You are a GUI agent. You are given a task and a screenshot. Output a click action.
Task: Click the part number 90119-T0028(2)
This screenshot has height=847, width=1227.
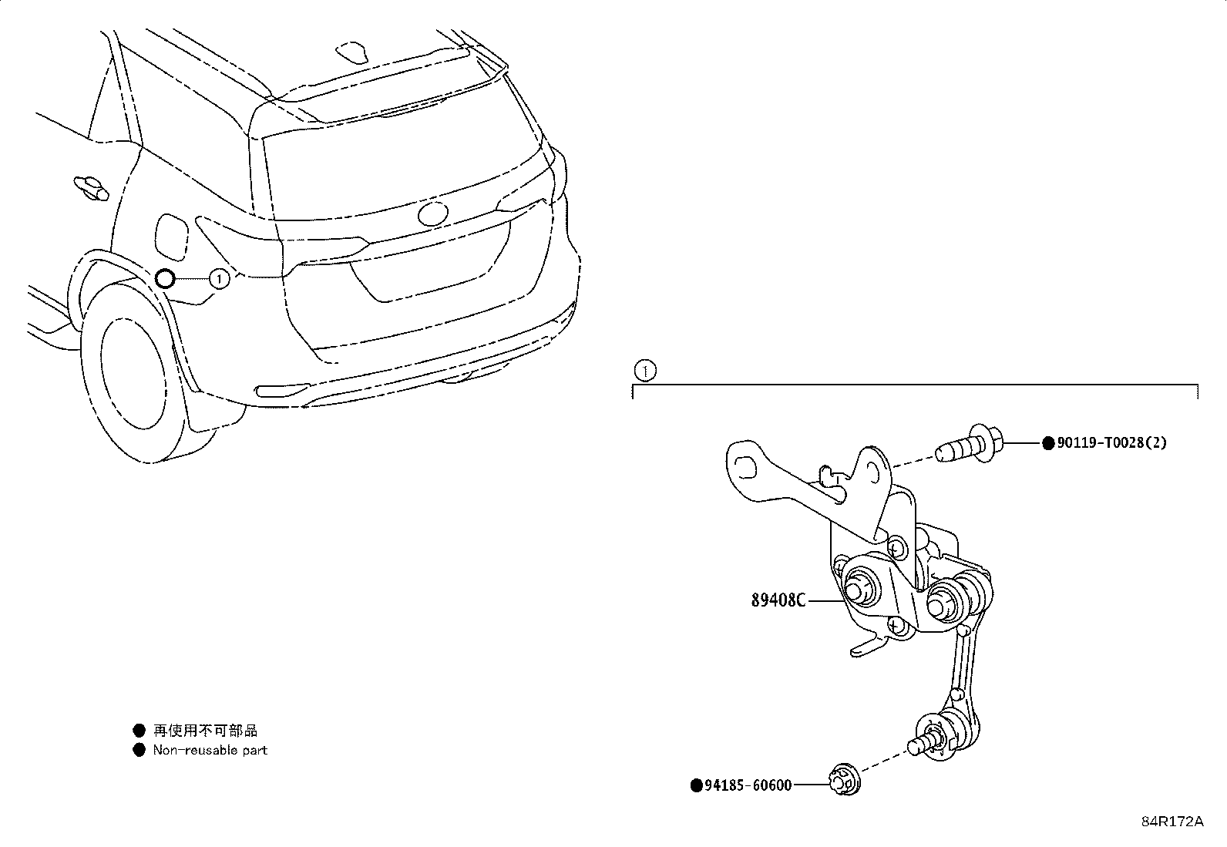coord(1111,442)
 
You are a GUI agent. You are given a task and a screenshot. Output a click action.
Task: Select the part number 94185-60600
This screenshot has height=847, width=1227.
coord(748,785)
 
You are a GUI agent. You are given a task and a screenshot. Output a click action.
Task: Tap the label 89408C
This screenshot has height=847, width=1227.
coord(778,600)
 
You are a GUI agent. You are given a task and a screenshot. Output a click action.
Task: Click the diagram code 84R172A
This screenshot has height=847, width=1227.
coord(1172,822)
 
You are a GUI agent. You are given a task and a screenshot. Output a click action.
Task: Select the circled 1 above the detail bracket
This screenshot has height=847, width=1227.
coord(645,371)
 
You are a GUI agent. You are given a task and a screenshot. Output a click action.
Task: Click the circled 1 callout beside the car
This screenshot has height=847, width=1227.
coord(219,280)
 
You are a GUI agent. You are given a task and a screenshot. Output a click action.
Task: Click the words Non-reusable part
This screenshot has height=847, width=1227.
coord(210,750)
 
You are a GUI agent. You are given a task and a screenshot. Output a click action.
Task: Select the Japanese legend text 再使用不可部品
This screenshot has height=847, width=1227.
coord(205,731)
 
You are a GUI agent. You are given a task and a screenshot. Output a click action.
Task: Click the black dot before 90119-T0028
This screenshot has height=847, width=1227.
coord(1048,443)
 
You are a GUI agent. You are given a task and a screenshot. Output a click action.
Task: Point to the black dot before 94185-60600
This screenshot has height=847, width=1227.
coord(696,785)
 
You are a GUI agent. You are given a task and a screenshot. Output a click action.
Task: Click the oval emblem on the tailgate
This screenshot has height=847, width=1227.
coord(432,214)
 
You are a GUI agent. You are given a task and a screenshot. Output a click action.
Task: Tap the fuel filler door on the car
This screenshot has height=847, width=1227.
coord(171,237)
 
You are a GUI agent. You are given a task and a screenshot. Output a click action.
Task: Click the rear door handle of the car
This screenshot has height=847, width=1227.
coord(91,187)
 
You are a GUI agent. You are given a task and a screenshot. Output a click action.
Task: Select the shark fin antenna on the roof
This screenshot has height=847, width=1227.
coord(351,51)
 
